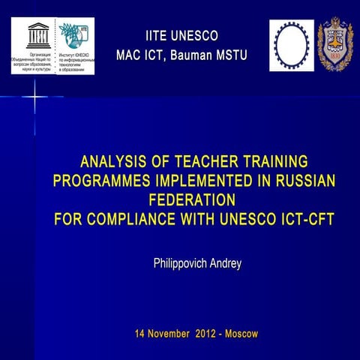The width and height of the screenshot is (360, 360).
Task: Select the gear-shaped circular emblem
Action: [x=290, y=44]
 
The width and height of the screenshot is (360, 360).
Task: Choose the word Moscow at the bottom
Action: [x=241, y=332]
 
